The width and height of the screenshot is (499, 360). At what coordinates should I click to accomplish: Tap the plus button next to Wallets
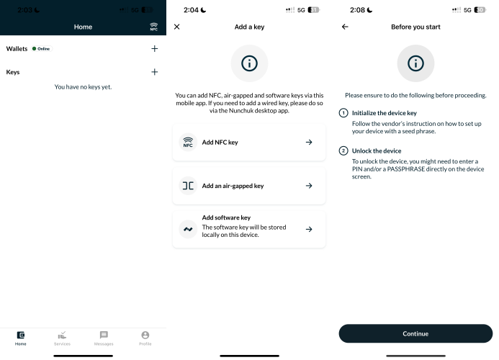point(154,49)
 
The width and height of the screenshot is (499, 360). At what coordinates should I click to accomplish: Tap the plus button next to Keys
point(154,72)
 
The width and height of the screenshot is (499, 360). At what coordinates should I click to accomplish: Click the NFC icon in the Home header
point(153,27)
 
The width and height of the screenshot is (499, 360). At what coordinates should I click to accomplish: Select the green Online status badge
point(42,49)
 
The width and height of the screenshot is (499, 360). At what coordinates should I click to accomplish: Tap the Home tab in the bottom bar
point(21,338)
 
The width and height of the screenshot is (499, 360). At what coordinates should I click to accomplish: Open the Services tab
point(62,338)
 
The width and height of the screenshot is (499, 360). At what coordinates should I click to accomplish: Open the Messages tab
point(104,338)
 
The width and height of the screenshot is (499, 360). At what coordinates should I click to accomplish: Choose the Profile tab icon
point(145,336)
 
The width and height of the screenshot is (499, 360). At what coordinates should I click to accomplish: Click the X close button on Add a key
point(177,27)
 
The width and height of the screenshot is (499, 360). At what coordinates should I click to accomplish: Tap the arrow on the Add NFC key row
point(309,143)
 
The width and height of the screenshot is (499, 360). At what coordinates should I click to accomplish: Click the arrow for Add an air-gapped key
point(309,186)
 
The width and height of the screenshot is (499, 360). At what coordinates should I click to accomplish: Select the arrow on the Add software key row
point(309,229)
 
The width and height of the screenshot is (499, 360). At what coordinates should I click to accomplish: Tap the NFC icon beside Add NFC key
point(188,143)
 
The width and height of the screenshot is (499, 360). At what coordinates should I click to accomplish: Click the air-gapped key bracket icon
point(188,186)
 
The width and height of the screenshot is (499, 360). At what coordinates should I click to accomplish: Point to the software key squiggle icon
point(188,229)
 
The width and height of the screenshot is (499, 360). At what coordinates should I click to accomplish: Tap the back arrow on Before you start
point(345,27)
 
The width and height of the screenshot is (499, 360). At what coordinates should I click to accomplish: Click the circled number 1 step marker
point(343,113)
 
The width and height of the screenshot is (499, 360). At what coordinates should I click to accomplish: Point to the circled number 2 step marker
point(343,150)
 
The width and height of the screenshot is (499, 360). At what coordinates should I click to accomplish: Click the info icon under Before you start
point(415,63)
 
